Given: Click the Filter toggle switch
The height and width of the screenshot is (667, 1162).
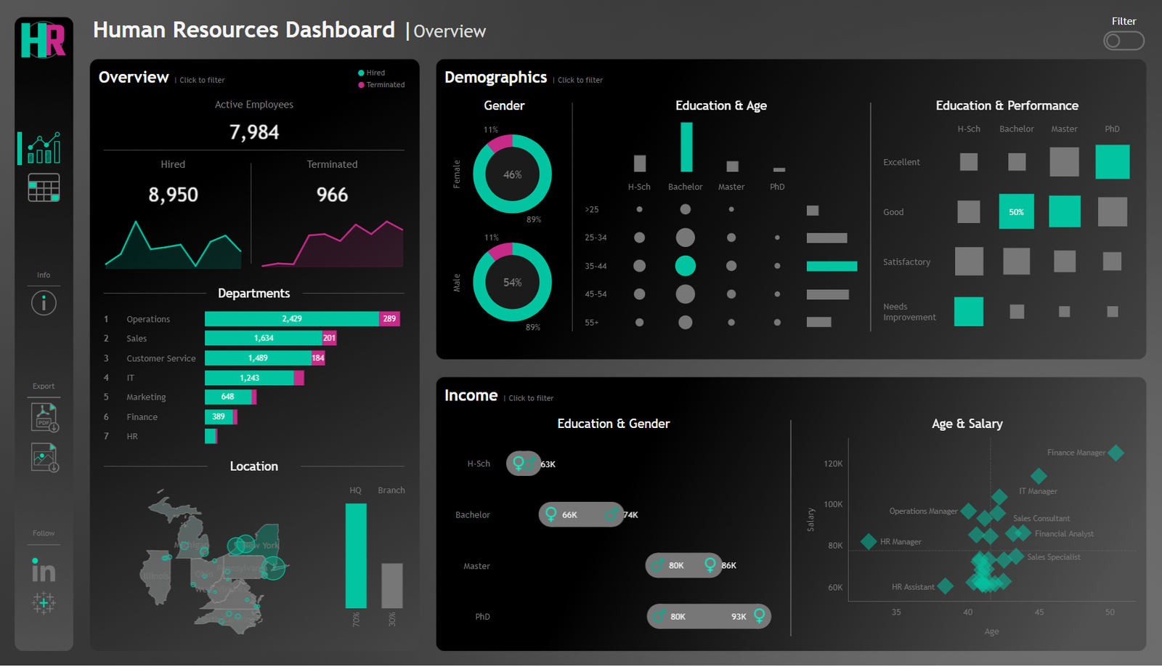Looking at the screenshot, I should click(x=1123, y=41).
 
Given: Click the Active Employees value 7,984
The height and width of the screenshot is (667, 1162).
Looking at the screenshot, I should click(x=254, y=132).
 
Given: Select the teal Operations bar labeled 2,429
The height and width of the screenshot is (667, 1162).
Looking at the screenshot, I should click(x=291, y=319).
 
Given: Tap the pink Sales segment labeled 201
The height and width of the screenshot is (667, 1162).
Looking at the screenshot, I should click(x=329, y=339).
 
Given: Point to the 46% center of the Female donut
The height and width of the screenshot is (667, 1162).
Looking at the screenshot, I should click(x=512, y=174).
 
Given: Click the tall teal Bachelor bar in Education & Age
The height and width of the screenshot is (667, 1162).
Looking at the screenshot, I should click(x=686, y=147).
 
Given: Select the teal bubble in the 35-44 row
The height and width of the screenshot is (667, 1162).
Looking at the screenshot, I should click(x=685, y=266).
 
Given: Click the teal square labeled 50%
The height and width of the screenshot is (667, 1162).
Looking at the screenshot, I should click(x=1016, y=212).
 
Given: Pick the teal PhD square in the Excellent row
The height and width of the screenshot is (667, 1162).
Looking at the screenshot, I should click(x=1112, y=161).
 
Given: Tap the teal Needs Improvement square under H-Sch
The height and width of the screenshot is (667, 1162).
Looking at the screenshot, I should click(x=968, y=312).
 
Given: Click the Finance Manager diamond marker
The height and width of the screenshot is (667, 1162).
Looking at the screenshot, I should click(x=1116, y=453).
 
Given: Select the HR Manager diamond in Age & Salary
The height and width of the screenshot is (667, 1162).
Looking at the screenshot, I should click(x=868, y=541).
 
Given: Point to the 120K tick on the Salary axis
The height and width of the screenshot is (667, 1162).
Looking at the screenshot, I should click(x=833, y=464).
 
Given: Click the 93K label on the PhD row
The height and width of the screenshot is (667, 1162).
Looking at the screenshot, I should click(x=739, y=617).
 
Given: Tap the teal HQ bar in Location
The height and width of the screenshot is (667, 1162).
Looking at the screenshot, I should click(x=356, y=556).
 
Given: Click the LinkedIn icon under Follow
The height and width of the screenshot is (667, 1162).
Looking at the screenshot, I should click(x=44, y=570).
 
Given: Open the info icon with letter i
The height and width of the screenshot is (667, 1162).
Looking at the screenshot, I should click(x=44, y=303).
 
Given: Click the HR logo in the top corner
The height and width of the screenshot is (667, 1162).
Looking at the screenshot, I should click(x=44, y=40).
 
